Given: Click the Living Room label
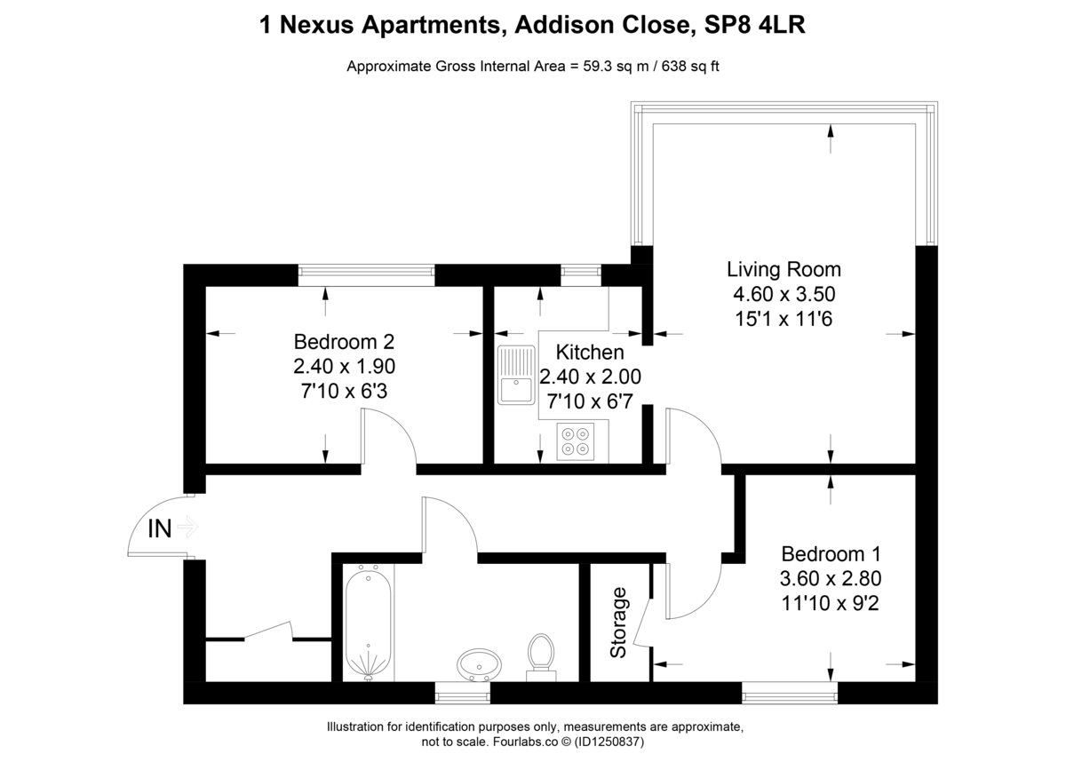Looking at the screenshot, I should point(784,269).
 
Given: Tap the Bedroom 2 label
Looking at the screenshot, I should point(344,341).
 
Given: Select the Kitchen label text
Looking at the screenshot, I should point(590,353).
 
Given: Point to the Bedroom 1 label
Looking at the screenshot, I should point(831,554).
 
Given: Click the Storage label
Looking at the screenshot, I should point(618,623).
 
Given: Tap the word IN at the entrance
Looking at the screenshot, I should point(159,530).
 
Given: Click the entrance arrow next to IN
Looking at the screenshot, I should point(188,528).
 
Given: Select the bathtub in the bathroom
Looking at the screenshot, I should point(368,622).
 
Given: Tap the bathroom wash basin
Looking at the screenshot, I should point(479,663).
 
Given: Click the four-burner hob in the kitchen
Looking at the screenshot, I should point(575,441).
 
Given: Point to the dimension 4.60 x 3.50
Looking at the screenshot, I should point(784,293).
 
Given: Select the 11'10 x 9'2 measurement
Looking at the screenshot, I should point(831,601).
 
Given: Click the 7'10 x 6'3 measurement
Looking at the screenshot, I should point(344,389).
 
